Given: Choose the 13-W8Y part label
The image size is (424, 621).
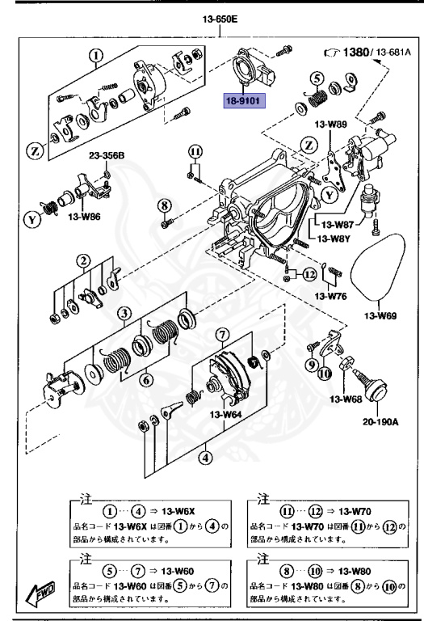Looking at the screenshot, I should pos(333,239).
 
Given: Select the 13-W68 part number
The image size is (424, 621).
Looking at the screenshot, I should pos(344,398).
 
